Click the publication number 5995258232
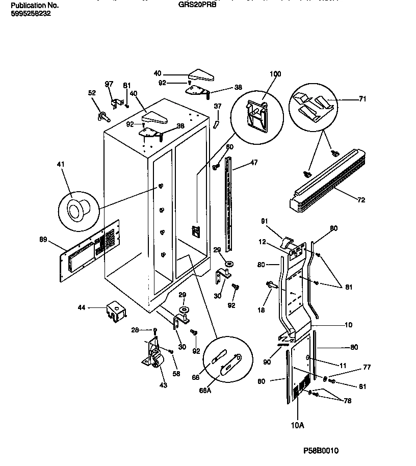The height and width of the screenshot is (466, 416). coord(30,14)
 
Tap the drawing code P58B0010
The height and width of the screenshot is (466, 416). coord(321,451)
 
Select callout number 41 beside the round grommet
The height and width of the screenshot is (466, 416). coord(61,165)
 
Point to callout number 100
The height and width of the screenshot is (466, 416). coord(275,74)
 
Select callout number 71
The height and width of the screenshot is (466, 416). coord(362,99)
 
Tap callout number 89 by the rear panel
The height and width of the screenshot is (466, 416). coord(43,239)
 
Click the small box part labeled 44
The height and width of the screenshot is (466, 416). coord(115,311)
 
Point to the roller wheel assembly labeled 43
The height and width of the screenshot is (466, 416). coord(155,359)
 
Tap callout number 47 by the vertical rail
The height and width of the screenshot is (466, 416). coord(253,163)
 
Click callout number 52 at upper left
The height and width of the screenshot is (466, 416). coord(92,93)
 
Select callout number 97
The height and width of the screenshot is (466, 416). coord(109,84)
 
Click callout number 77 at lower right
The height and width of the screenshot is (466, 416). coord(352,367)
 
